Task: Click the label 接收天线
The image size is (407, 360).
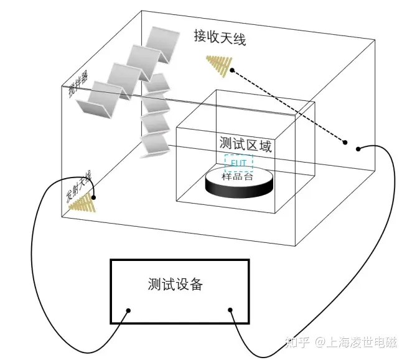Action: [x=220, y=39]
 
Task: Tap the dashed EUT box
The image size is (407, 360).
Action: [x=239, y=163]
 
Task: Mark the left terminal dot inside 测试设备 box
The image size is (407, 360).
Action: [x=128, y=310]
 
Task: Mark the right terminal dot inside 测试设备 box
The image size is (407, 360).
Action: [x=230, y=310]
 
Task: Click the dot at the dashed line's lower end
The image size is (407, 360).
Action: [x=345, y=143]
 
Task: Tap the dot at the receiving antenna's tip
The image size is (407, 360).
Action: [x=232, y=70]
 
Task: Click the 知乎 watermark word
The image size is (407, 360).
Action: [x=295, y=342]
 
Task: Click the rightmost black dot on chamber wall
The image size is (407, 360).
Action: [x=358, y=149]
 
